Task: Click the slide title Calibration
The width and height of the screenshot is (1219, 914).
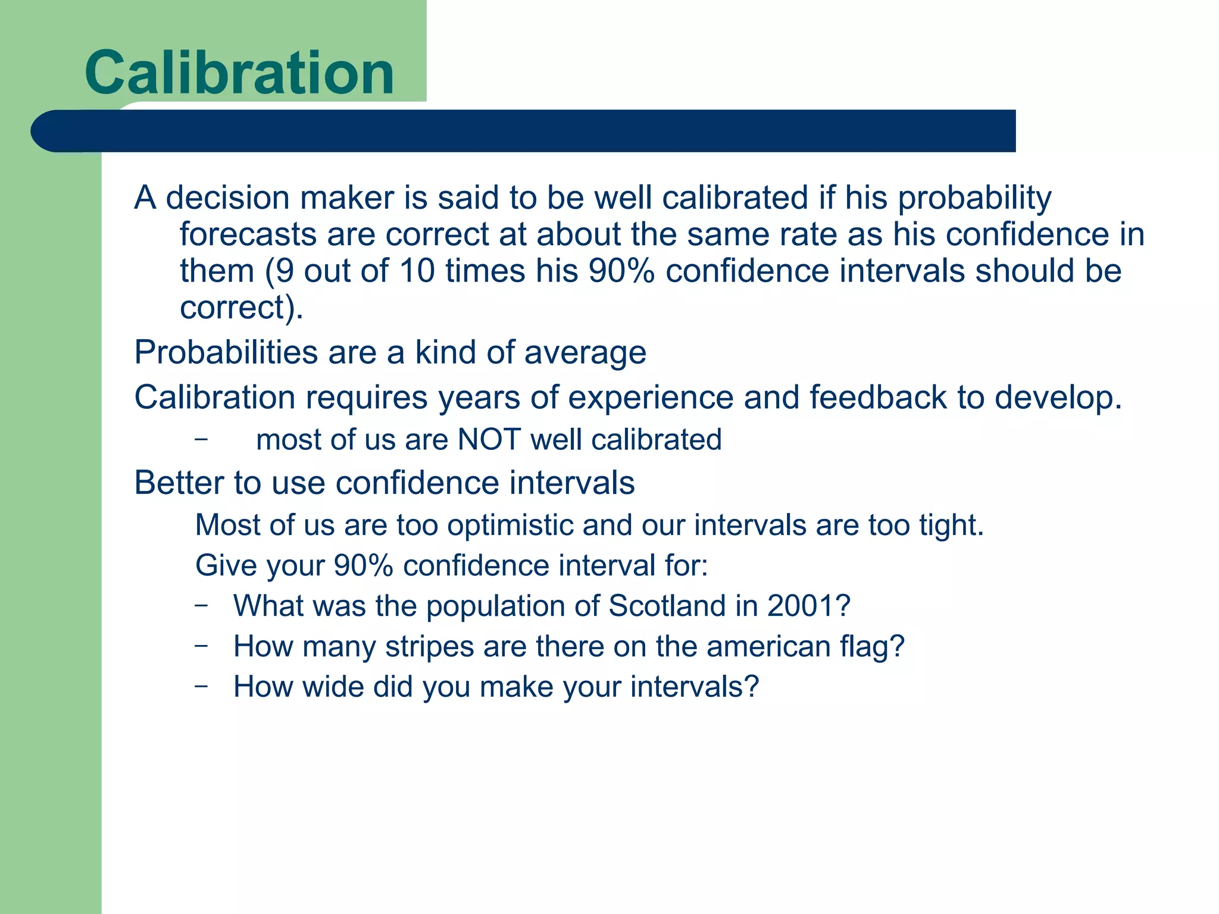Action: click(x=239, y=73)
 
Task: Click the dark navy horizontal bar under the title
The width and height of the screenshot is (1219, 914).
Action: click(x=524, y=131)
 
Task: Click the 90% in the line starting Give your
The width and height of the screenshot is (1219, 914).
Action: click(x=363, y=565)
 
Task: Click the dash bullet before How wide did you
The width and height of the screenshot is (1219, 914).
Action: click(x=201, y=686)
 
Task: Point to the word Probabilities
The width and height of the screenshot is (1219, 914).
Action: click(x=226, y=352)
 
